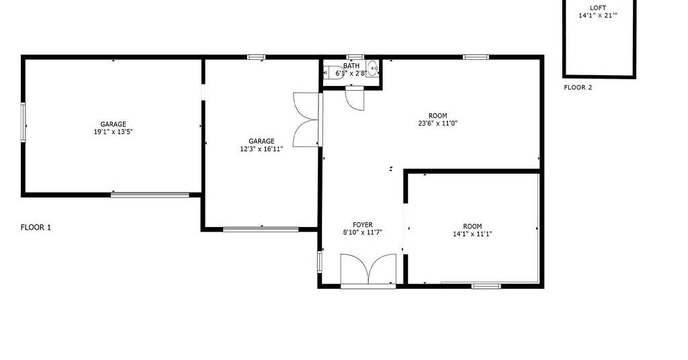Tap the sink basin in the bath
click(372, 69)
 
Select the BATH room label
click(351, 66)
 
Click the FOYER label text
click(362, 225)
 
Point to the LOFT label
click(597, 8)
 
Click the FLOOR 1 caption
click(36, 227)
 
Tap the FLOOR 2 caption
click(578, 87)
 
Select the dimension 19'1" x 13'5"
click(113, 132)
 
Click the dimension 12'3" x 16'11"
click(261, 148)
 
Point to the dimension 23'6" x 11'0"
click(438, 123)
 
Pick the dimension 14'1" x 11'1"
click(472, 234)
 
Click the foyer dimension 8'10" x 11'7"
click(362, 232)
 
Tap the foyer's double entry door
click(369, 271)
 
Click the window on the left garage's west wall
click(24, 122)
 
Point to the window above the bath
click(355, 57)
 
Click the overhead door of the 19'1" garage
click(150, 195)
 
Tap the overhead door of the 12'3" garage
click(261, 229)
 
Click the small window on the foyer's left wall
click(320, 262)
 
